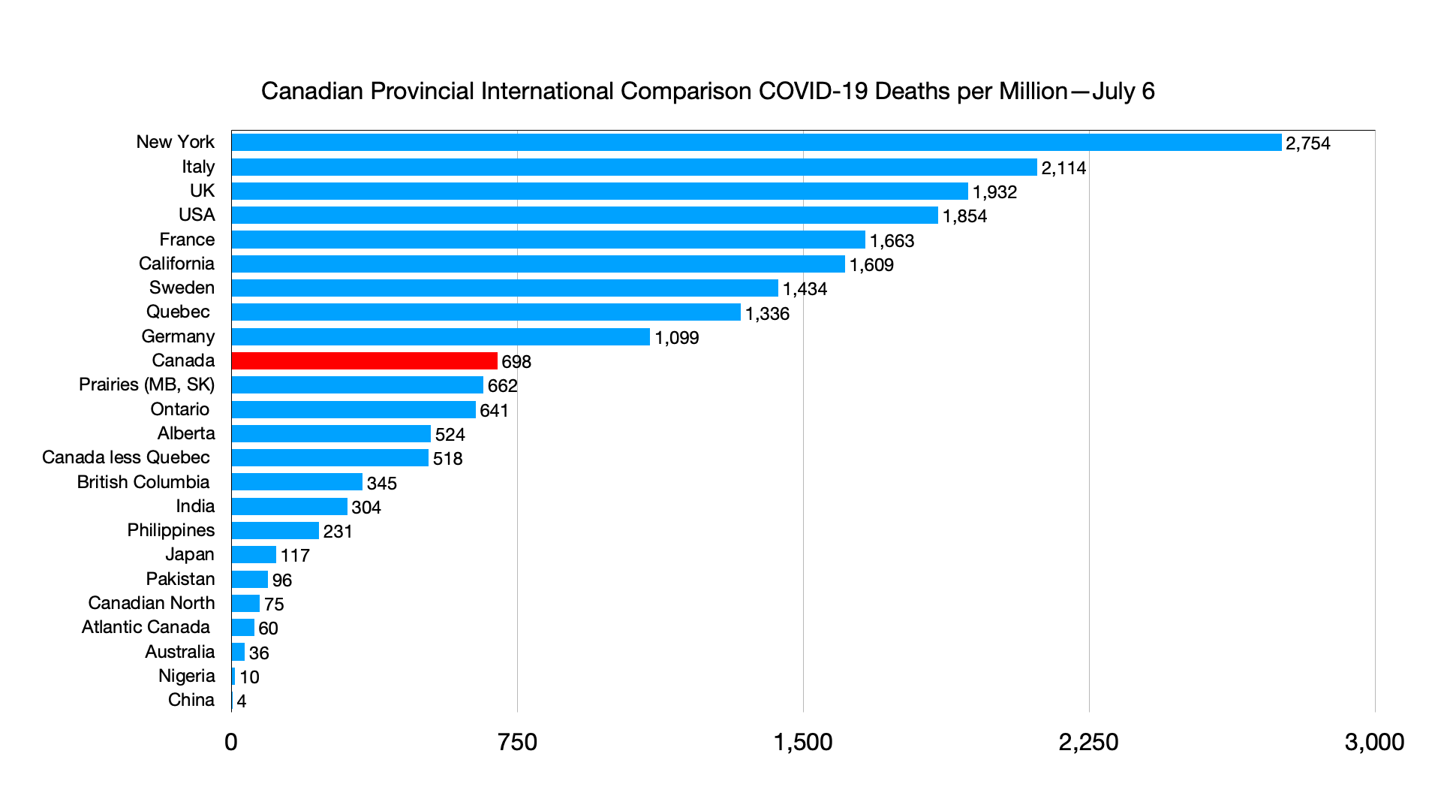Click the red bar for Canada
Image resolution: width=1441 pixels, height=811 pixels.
[x=364, y=361]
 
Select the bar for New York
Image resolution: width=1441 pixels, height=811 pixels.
[x=756, y=143]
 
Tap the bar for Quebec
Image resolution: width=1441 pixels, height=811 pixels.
[x=486, y=312]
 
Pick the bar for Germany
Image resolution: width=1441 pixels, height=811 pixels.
[x=441, y=337]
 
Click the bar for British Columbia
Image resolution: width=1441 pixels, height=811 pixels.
[x=296, y=482]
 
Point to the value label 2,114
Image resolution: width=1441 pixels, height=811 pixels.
[x=1063, y=168]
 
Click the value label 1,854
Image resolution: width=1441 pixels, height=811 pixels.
[x=964, y=216]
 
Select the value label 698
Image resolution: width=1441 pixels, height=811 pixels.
[x=516, y=362]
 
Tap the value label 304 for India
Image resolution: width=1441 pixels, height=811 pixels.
[x=366, y=508]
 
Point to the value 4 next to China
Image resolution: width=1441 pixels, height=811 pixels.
[x=242, y=701]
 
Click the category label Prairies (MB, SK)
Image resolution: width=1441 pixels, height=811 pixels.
[x=146, y=385]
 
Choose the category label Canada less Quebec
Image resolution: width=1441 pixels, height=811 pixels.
[x=126, y=458]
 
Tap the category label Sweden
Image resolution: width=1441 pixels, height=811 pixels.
[x=182, y=288]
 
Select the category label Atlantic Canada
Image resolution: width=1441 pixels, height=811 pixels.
[x=146, y=628]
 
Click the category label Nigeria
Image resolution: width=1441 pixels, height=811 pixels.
[x=186, y=677]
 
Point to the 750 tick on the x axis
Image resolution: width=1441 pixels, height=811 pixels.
[x=517, y=743]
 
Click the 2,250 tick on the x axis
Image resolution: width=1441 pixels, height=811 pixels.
[x=1088, y=743]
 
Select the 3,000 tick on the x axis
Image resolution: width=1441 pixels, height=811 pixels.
[x=1374, y=743]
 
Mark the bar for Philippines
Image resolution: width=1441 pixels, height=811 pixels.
[x=275, y=531]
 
